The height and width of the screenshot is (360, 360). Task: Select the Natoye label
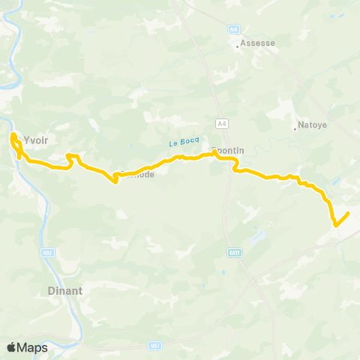pos(313,125)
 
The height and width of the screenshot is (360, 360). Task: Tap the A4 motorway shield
pos(221,123)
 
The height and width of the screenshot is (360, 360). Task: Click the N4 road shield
pos(233,29)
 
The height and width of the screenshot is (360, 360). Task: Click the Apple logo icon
pos(12,347)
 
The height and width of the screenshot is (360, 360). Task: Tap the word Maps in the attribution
pos(34,347)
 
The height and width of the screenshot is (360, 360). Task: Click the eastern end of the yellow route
pos(349,214)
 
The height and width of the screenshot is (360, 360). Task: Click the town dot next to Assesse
pos(238,46)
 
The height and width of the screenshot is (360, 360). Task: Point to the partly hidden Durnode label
pos(139,174)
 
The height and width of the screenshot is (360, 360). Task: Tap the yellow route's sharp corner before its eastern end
pos(334,224)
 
